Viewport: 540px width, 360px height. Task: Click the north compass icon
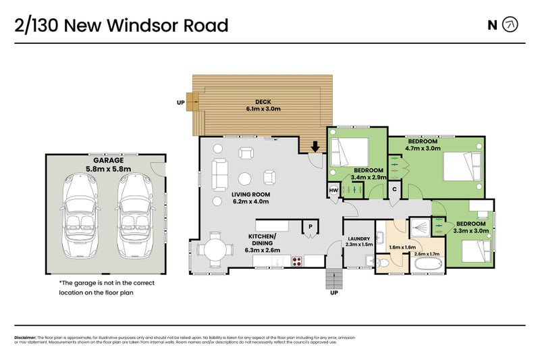tap(511, 26)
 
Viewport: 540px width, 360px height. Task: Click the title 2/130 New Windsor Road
tap(122, 26)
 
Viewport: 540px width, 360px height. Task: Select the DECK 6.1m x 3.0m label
tap(263, 105)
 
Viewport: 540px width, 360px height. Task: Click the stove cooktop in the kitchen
tap(296, 261)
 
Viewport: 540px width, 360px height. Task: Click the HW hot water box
tap(333, 191)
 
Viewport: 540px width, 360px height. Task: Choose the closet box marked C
tap(394, 190)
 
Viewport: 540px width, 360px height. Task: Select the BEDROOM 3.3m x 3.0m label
tap(470, 227)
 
